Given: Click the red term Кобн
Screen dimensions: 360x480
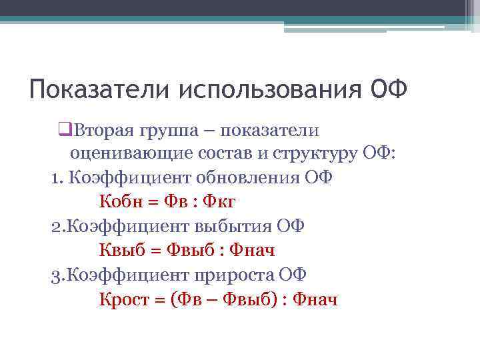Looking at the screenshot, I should tap(122, 201).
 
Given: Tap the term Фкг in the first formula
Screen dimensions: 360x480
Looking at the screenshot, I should tap(219, 201).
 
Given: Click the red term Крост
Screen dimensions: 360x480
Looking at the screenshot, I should tap(125, 299).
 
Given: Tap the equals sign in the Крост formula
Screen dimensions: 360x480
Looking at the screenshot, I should tap(160, 299).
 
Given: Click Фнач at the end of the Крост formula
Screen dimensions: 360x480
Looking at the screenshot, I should tap(315, 299).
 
